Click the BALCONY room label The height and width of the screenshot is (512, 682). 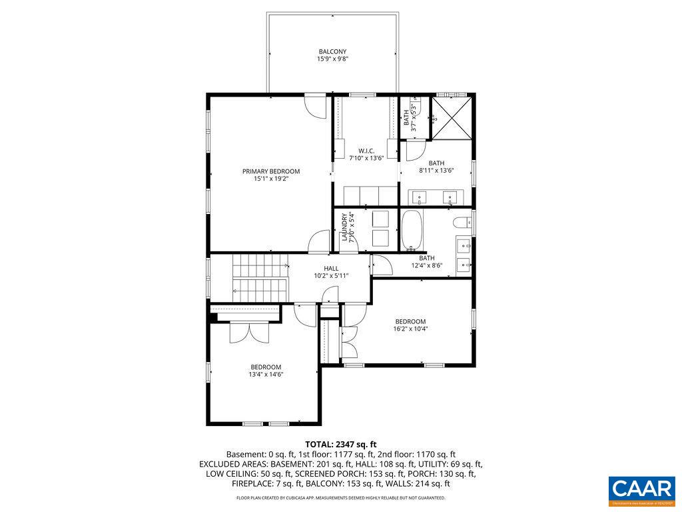(332, 51)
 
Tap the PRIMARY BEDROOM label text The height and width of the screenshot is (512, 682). (271, 171)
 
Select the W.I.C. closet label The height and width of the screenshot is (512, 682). (366, 151)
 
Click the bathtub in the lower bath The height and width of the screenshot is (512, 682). (412, 230)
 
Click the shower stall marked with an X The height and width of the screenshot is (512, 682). (452, 119)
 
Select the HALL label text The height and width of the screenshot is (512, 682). (331, 268)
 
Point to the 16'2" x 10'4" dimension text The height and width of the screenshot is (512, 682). (410, 329)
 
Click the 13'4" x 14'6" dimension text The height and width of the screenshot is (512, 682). (266, 375)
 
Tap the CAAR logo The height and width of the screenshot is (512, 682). (641, 489)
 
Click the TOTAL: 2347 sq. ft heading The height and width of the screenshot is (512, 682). (341, 444)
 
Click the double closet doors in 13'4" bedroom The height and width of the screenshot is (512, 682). (247, 333)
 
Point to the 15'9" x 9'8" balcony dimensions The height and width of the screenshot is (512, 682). (332, 59)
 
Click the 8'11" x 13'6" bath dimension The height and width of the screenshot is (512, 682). (436, 171)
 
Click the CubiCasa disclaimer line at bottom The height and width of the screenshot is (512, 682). (341, 498)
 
